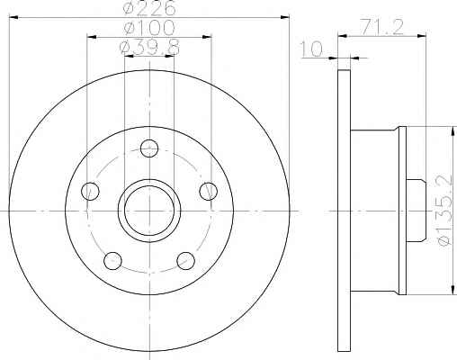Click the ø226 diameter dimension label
149,8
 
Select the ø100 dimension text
149,28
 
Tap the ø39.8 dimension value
149,48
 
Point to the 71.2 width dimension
381,27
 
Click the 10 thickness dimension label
312,49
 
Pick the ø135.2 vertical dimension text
445,210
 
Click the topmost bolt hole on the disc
149,148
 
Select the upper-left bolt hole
90,191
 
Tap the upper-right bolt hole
209,191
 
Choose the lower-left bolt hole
112,260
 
